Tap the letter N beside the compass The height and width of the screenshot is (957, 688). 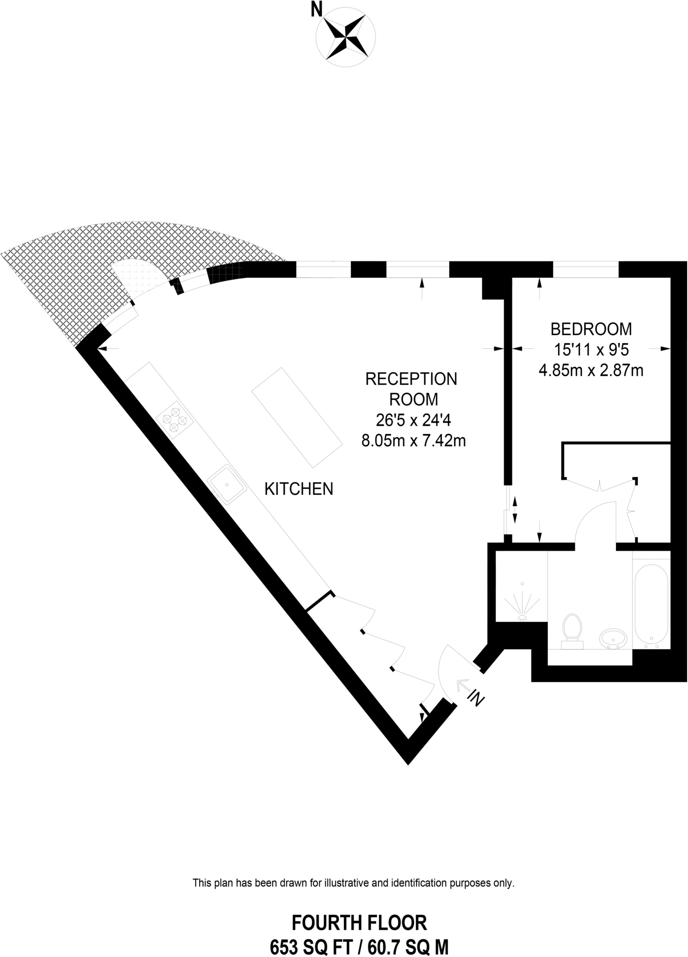coord(316,10)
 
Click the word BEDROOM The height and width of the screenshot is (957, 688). coord(591,329)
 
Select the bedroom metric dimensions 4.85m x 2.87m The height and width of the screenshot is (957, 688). coord(591,371)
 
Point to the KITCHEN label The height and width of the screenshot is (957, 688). coord(299,489)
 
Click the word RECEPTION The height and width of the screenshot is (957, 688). coord(411,379)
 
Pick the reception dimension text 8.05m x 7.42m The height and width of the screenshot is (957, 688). coord(413,441)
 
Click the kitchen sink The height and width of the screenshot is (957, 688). coord(227,485)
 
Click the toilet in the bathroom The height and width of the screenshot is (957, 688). coord(573,631)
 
